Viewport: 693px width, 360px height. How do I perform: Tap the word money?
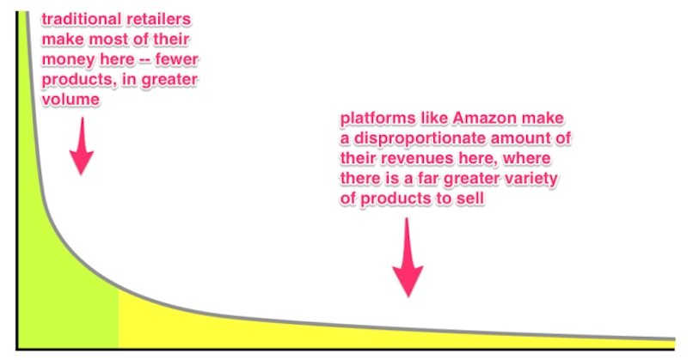click(x=69, y=59)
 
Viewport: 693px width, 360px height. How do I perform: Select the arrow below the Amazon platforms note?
click(x=408, y=258)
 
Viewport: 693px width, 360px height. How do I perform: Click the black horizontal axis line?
click(x=344, y=349)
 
